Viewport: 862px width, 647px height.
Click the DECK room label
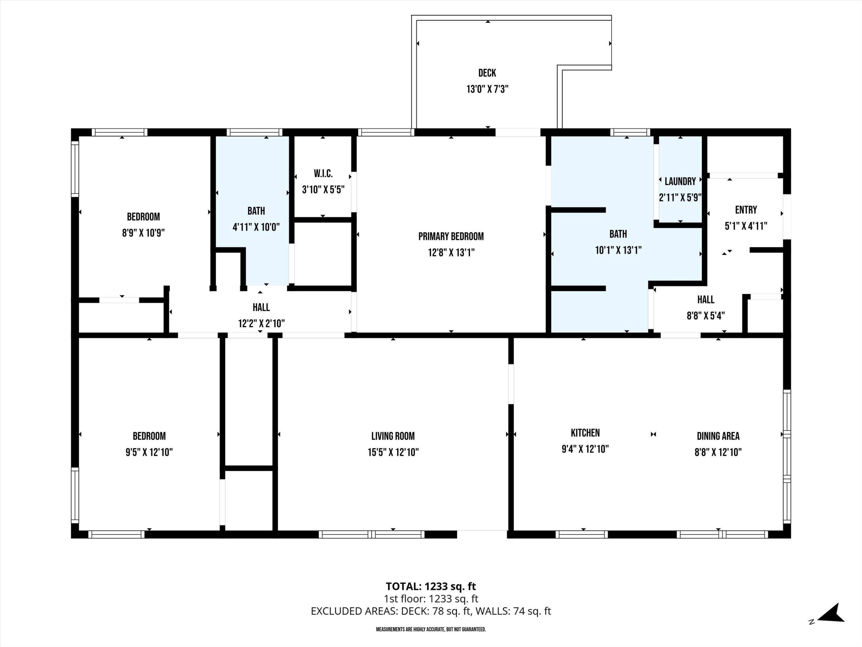tap(487, 73)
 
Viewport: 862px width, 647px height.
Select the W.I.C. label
tap(323, 174)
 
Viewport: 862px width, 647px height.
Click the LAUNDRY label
tap(680, 181)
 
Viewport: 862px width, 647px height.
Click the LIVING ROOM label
tap(393, 436)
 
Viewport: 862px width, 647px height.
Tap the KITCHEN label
tap(585, 433)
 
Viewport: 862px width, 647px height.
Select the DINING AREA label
tap(718, 436)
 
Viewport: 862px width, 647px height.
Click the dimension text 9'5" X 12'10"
tap(149, 452)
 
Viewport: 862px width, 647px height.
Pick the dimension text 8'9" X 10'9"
tap(143, 233)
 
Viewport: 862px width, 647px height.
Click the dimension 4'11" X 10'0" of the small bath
tap(256, 227)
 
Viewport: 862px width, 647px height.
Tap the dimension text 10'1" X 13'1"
tap(618, 250)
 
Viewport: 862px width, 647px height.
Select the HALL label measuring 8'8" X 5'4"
tap(706, 300)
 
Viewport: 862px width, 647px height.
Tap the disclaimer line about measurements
tap(431, 629)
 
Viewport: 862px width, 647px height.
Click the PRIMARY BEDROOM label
tap(451, 236)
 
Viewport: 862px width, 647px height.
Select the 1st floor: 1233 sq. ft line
tap(431, 599)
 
